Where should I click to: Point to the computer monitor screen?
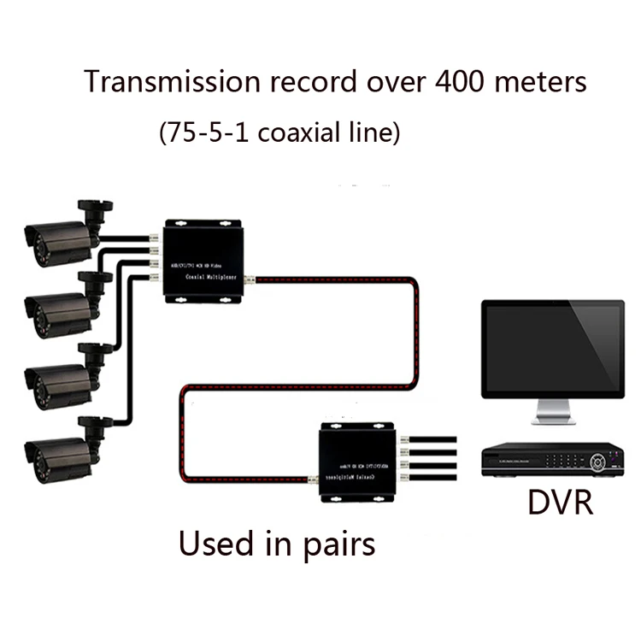551,348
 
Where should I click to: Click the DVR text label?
560,503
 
